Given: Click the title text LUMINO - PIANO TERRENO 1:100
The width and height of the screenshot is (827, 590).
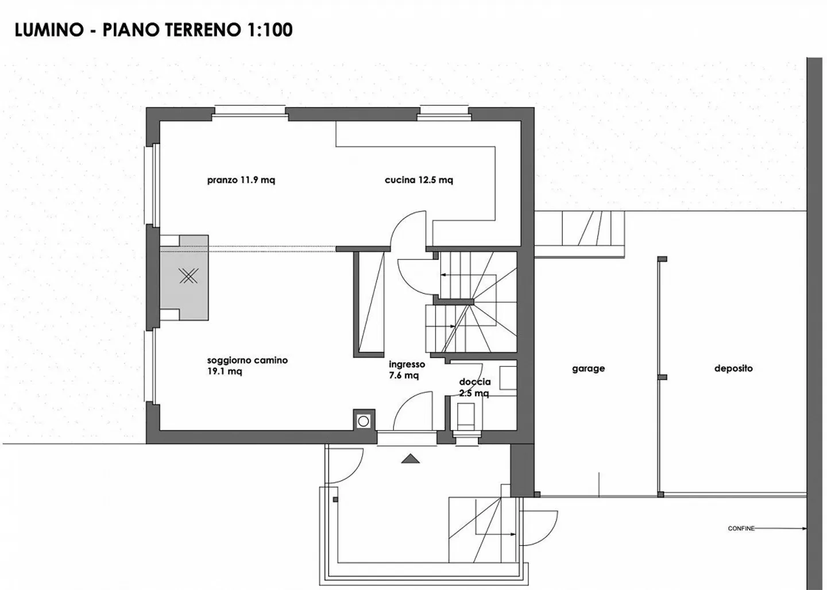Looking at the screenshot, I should tap(153, 30).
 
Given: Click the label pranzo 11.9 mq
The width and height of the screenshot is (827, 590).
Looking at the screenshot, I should tap(241, 180).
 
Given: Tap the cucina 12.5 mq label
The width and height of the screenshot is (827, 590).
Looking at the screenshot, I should tap(419, 180).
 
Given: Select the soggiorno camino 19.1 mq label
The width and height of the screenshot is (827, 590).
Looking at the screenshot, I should tap(247, 366).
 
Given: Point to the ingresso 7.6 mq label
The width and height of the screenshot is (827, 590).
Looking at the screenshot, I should tap(407, 369).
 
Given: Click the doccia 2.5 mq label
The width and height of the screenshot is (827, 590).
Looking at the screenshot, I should tap(474, 387).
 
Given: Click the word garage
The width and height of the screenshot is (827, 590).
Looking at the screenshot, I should tap(588, 369).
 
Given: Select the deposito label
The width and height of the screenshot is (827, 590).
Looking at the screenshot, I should tap(733, 369).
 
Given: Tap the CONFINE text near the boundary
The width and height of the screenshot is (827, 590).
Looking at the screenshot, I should tap(741, 529).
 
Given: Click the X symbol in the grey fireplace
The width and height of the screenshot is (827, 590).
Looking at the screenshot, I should tap(188, 276).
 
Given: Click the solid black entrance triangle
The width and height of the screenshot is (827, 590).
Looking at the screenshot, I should tap(409, 458).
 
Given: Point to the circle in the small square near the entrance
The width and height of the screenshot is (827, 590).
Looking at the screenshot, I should tap(363, 421).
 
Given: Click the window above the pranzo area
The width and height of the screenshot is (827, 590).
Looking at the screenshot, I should tap(250, 112).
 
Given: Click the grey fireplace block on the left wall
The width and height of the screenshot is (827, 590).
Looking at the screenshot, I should tap(185, 277).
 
